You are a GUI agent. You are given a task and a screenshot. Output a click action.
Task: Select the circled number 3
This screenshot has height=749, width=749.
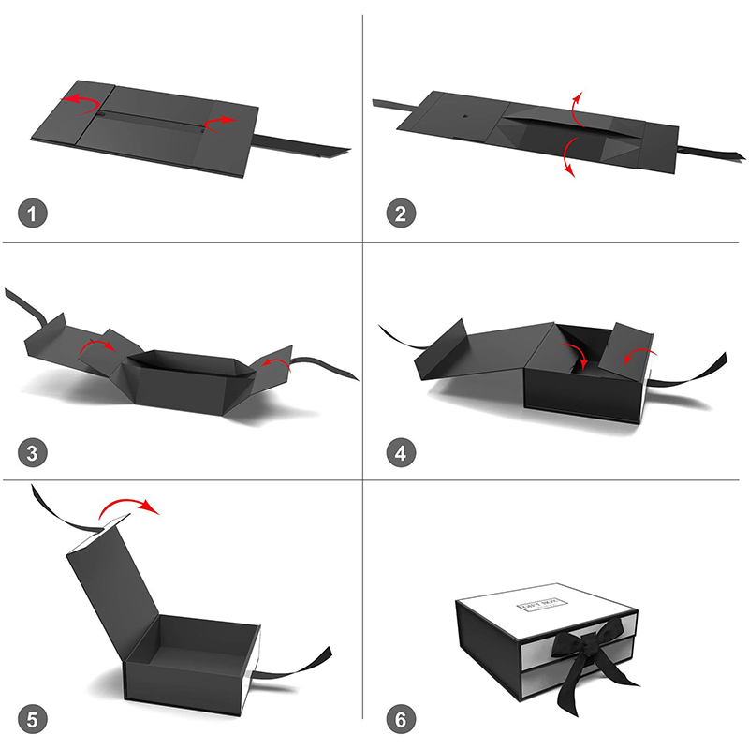point(33,455)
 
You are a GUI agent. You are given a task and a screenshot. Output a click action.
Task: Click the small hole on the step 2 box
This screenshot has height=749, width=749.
point(464,116)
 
